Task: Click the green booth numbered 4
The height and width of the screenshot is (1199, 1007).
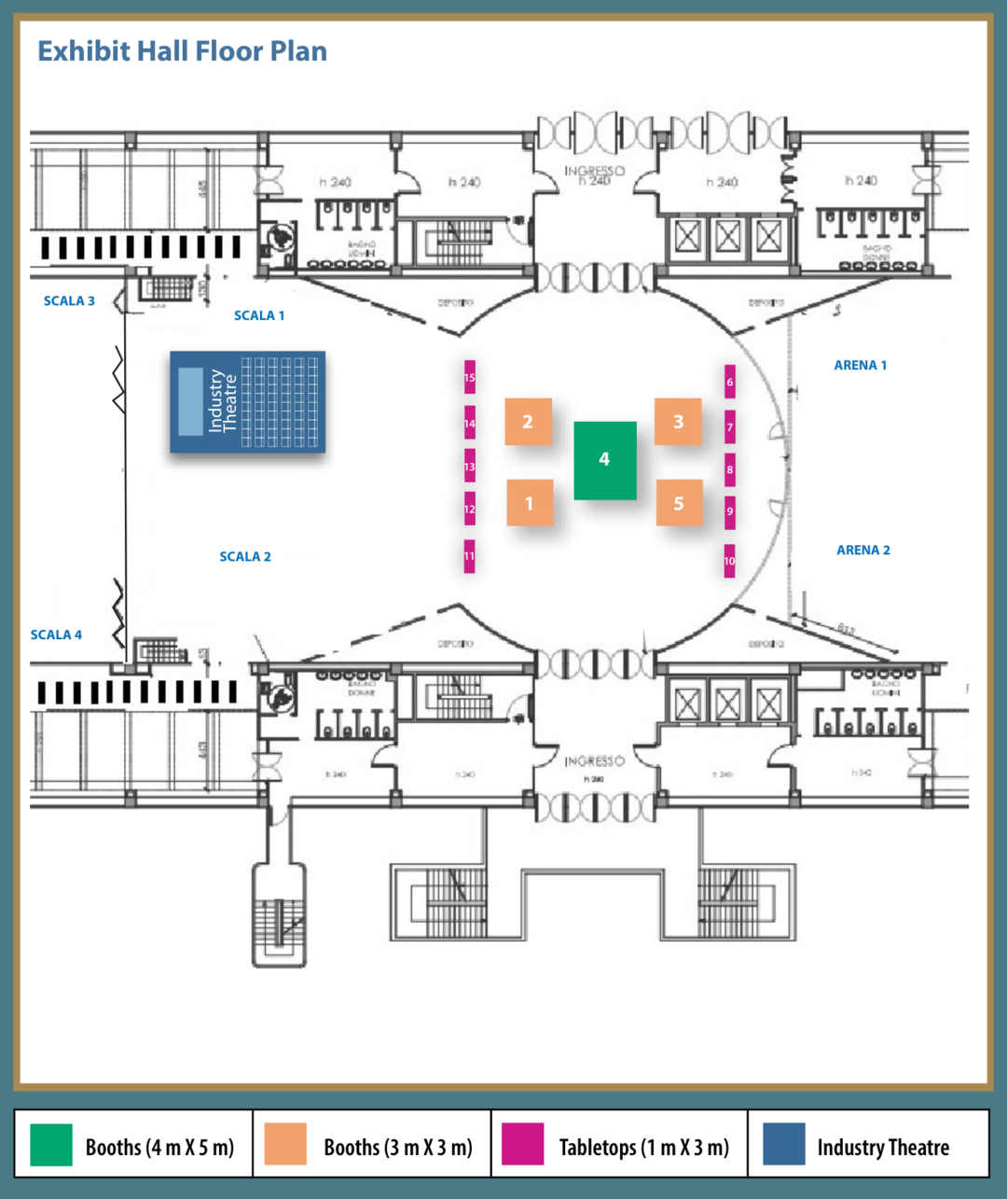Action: (604, 460)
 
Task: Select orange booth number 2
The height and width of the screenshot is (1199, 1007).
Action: (528, 422)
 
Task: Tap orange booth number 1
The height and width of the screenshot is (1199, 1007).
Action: (529, 503)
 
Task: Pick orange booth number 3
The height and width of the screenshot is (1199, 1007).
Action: (678, 422)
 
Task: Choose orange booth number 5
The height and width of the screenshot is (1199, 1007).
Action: (678, 503)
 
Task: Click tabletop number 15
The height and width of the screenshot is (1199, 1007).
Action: (470, 378)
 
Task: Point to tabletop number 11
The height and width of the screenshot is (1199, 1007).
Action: (470, 556)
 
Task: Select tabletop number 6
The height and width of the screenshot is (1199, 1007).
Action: (730, 382)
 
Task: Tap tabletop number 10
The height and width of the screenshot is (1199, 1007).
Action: (730, 561)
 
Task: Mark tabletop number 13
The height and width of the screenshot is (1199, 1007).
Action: (470, 467)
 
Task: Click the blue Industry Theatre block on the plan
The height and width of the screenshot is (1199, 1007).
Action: (247, 402)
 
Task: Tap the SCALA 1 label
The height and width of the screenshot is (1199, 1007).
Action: (259, 315)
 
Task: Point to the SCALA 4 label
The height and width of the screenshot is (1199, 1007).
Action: (56, 634)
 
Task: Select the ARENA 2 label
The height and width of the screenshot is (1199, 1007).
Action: (862, 551)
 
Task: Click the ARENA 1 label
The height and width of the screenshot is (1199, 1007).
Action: (860, 365)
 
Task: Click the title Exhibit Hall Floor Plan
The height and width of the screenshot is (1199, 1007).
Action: (182, 50)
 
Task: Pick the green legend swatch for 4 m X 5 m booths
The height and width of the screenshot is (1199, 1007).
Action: (51, 1145)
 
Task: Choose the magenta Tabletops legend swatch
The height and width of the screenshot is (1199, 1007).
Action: (522, 1145)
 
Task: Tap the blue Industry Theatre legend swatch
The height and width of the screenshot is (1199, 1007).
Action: (783, 1145)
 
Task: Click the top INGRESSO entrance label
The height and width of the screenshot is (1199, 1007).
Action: (594, 171)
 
